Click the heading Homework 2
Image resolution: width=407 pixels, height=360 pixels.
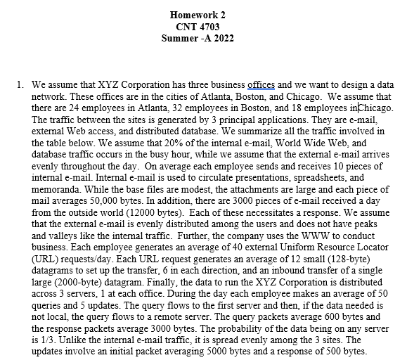coord(202,15)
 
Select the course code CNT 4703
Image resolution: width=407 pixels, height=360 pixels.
coord(202,26)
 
